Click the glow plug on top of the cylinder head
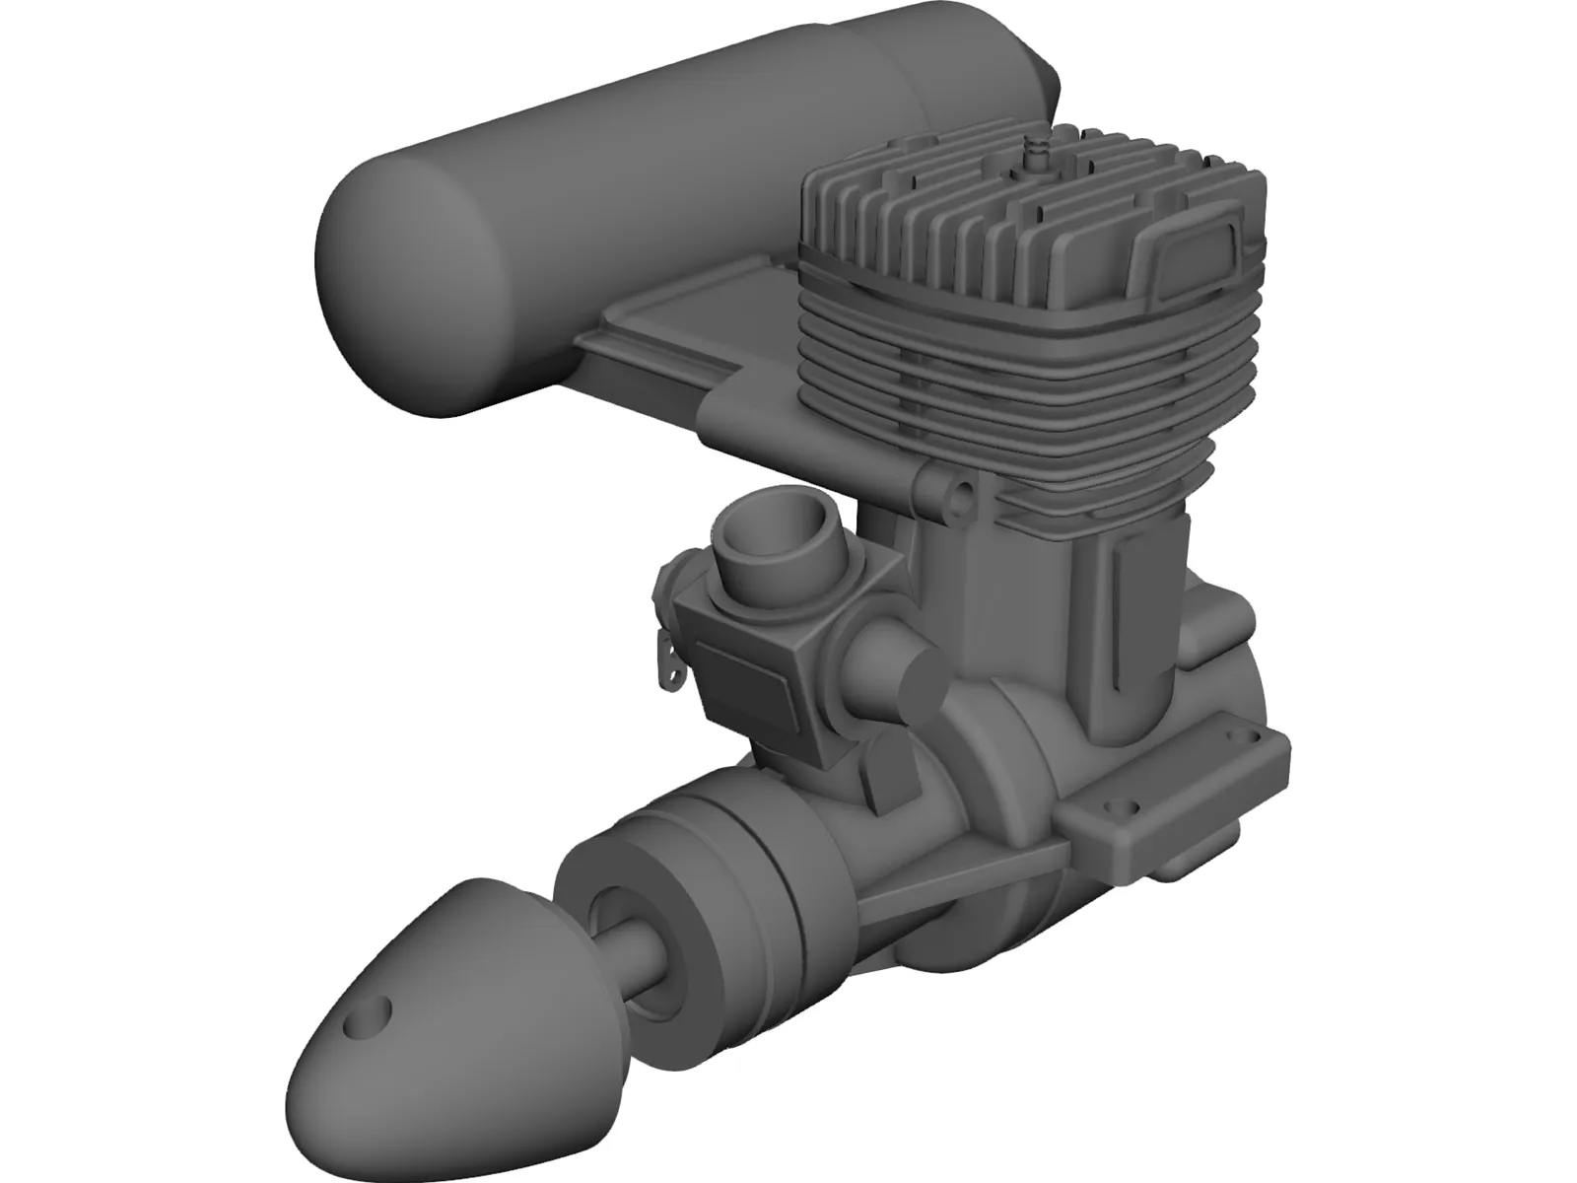click(x=1036, y=151)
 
